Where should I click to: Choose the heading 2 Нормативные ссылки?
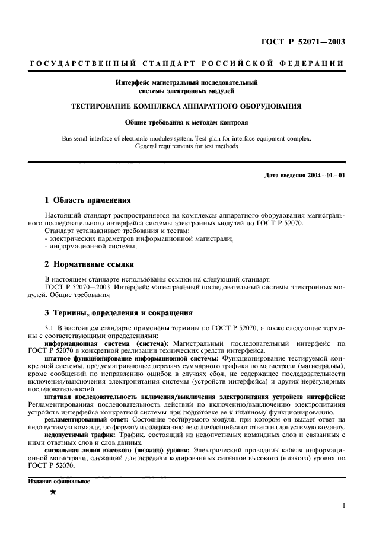tap(90, 264)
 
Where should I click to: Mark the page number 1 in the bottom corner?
tap(343, 505)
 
